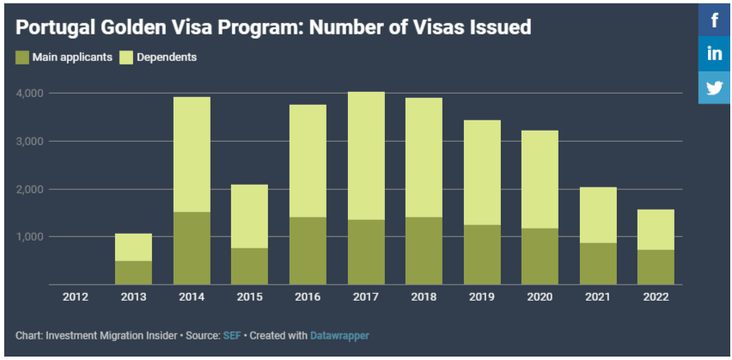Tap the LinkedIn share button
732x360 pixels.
[x=715, y=53]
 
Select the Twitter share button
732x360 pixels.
[x=715, y=88]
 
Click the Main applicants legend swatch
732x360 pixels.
[x=22, y=58]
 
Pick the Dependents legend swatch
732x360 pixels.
[x=125, y=58]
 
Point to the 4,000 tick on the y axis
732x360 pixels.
[x=32, y=93]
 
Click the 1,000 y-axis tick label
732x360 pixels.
[x=32, y=236]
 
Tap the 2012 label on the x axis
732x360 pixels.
[x=76, y=296]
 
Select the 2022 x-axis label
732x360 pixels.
[x=656, y=296]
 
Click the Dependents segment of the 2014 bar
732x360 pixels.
[x=192, y=155]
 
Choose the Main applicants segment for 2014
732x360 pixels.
[x=192, y=248]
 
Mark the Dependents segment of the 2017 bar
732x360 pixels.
[x=366, y=156]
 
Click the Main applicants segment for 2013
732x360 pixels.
[x=133, y=272]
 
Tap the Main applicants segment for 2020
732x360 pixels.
[x=540, y=256]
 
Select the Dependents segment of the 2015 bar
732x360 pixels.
[x=249, y=217]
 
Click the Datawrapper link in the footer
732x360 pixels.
[x=339, y=335]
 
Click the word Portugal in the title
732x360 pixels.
[x=53, y=27]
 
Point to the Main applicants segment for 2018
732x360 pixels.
[x=424, y=251]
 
